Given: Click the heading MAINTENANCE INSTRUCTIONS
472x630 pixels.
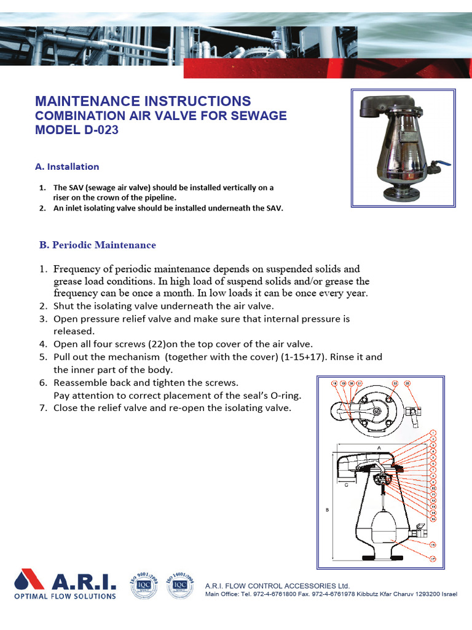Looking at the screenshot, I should click(x=143, y=101).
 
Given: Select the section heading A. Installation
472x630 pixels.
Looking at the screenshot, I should click(x=67, y=167).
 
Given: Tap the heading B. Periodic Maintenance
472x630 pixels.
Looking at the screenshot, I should click(x=98, y=245).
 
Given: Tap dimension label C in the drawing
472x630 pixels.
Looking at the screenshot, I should click(x=346, y=485).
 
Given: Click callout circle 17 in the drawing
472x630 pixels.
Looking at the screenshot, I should click(x=433, y=559).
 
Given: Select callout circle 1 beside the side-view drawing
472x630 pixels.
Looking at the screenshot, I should click(x=433, y=433).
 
